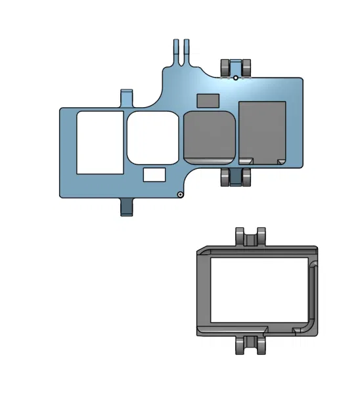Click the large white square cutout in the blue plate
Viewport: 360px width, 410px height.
pyautogui.click(x=100, y=143)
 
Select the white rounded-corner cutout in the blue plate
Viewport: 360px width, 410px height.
pyautogui.click(x=153, y=137)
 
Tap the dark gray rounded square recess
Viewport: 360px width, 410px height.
pyautogui.click(x=210, y=136)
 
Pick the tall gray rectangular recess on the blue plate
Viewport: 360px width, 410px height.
pyautogui.click(x=261, y=131)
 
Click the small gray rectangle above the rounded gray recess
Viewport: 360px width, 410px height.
pyautogui.click(x=208, y=100)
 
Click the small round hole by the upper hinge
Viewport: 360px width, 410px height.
pyautogui.click(x=236, y=78)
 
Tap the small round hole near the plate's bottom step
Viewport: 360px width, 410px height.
pyautogui.click(x=180, y=194)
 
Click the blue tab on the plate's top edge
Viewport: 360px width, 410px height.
pyautogui.click(x=127, y=98)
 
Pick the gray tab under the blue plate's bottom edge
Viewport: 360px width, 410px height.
pyautogui.click(x=127, y=206)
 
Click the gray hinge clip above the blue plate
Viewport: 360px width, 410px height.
pyautogui.click(x=236, y=67)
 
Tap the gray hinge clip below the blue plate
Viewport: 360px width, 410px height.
pyautogui.click(x=236, y=177)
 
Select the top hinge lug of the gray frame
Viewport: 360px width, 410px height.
pyautogui.click(x=251, y=237)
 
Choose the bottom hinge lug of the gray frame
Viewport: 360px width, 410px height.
pyautogui.click(x=251, y=345)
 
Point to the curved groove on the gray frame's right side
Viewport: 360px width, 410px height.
pyautogui.click(x=315, y=296)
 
